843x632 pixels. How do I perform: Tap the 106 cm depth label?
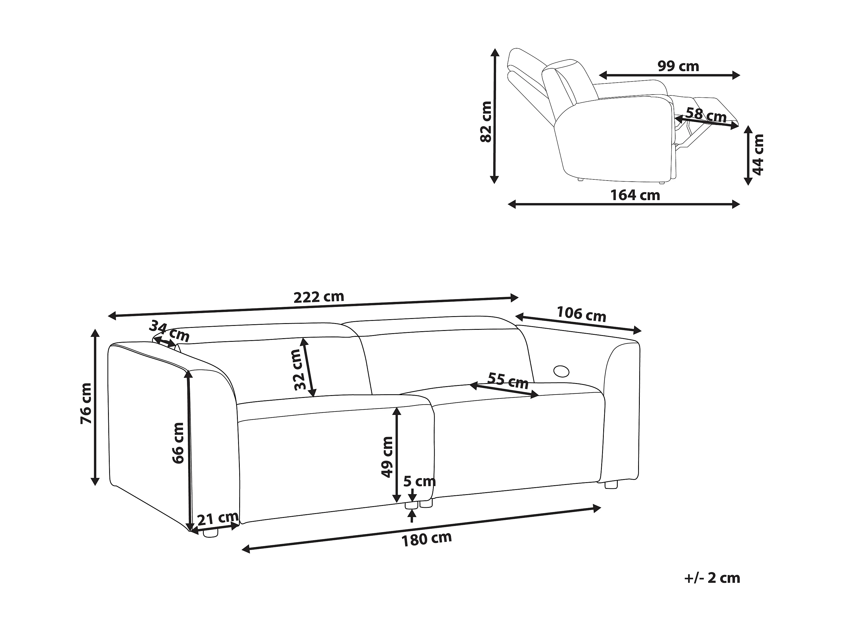click(x=581, y=314)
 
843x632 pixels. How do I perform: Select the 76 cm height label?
click(x=86, y=404)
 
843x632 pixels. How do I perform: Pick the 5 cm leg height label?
click(x=419, y=482)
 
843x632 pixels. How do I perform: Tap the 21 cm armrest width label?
click(x=218, y=518)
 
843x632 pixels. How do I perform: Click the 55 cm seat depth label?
click(x=508, y=381)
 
